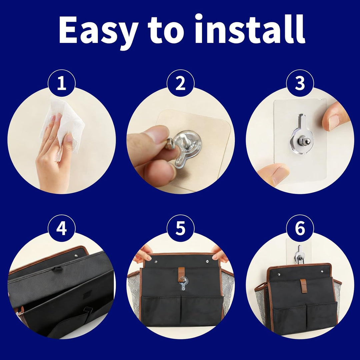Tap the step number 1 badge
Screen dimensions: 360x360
[62, 83]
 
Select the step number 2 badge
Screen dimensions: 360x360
[180, 83]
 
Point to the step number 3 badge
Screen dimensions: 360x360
[300, 83]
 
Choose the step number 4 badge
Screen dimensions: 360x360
[62, 228]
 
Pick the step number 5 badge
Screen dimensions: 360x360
[180, 228]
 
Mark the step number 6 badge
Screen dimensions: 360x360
[300, 228]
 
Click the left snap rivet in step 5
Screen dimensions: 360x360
[155, 261]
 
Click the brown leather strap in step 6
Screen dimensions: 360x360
[304, 286]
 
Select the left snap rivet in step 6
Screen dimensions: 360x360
[279, 274]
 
